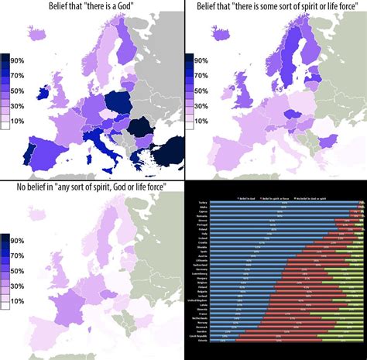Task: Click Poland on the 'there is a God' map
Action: (x=117, y=102)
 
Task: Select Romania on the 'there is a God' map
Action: (x=139, y=128)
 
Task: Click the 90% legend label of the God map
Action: (x=19, y=60)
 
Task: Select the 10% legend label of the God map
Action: (x=19, y=121)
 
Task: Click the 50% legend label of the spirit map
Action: (x=201, y=91)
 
